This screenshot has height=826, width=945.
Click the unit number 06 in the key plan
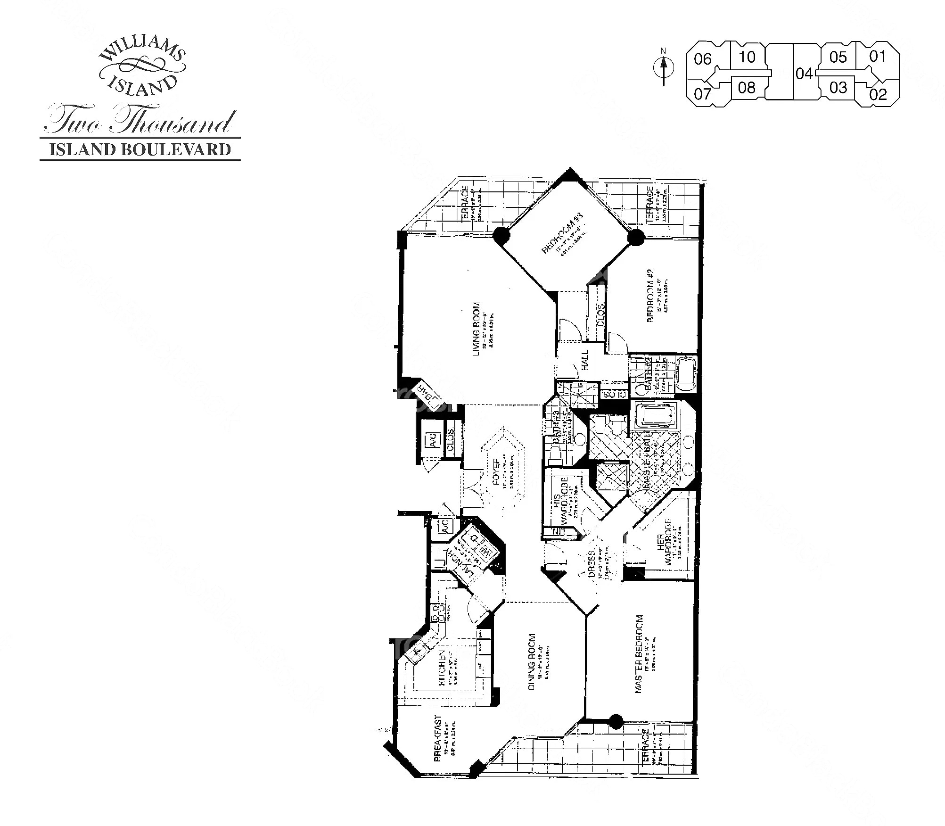702,59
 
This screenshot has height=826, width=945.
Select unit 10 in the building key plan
747,57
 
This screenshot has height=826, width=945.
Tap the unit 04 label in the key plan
804,74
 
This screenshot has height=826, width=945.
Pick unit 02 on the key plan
878,94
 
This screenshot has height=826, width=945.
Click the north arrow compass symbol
664,69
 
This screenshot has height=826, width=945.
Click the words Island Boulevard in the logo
140,149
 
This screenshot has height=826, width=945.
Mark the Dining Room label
532,662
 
